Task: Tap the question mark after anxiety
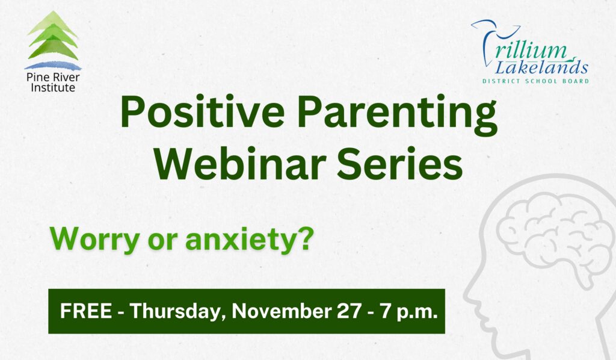click(306, 238)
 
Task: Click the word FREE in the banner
click(85, 312)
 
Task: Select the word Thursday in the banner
click(178, 312)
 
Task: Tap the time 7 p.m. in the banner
click(410, 312)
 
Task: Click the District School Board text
click(535, 81)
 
